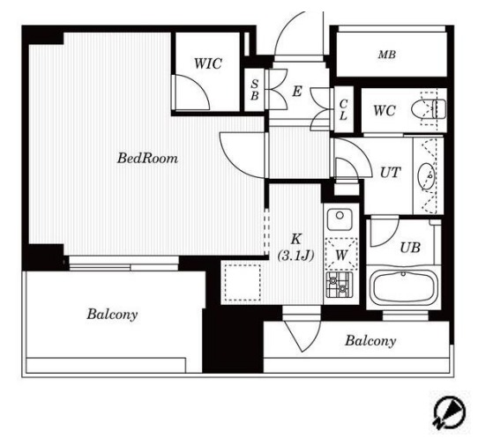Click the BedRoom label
147,159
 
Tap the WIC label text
208,63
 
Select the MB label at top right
387,55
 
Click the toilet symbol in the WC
429,109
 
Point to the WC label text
385,110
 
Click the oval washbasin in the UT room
427,176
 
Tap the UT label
390,173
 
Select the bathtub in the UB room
403,287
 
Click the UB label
410,248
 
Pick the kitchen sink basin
340,219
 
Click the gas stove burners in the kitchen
340,285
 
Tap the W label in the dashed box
341,255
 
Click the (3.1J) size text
295,256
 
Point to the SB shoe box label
255,90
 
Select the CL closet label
343,110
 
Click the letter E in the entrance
297,92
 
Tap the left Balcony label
112,315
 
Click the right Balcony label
370,341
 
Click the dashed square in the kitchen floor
243,283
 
